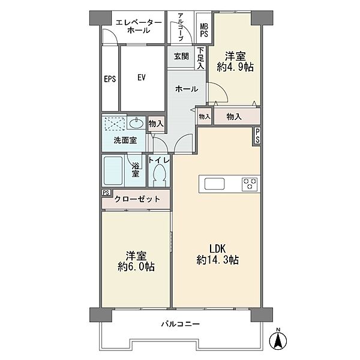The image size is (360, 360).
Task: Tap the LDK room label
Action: click(x=217, y=249)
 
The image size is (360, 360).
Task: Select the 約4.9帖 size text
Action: click(x=235, y=67)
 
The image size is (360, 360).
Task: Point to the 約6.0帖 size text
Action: click(x=136, y=266)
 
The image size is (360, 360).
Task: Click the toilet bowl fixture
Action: click(x=159, y=176)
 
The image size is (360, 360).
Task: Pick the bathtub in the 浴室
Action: click(x=113, y=170)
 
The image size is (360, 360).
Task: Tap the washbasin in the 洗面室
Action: click(x=136, y=123)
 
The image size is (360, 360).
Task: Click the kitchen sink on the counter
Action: click(x=214, y=184)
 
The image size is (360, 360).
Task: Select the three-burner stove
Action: click(x=250, y=184)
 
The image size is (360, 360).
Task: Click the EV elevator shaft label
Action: click(x=142, y=77)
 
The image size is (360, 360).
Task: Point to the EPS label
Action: click(x=110, y=79)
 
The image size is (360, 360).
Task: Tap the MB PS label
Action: click(x=204, y=30)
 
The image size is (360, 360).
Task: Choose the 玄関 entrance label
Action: click(x=181, y=56)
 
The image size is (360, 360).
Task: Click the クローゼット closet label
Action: click(x=137, y=199)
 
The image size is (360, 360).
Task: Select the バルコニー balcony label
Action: click(x=181, y=324)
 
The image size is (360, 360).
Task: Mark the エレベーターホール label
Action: click(x=139, y=26)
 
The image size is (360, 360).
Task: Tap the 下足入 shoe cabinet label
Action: click(x=200, y=58)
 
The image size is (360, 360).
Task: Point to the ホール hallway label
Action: click(x=187, y=89)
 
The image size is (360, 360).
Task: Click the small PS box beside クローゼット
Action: click(x=106, y=193)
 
